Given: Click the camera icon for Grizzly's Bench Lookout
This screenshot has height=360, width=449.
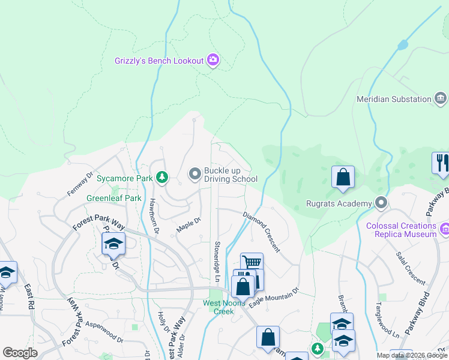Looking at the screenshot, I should click(x=212, y=60).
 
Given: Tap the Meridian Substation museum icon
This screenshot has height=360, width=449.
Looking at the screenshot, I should click(x=441, y=98).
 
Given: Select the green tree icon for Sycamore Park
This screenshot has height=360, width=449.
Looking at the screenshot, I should click(x=161, y=178).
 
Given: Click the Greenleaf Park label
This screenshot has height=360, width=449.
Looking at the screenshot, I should click(x=114, y=198).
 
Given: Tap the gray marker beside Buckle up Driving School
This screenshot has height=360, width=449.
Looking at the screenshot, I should click(x=194, y=174).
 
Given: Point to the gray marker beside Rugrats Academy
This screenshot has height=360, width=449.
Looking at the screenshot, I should click(x=381, y=203).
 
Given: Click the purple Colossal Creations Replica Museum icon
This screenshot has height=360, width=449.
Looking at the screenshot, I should click(x=444, y=229).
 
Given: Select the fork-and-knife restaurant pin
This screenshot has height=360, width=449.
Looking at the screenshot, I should click(x=441, y=163).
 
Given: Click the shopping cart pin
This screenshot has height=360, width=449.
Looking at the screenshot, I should click(x=252, y=263).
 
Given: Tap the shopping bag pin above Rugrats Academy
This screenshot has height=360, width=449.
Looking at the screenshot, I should click(x=343, y=177).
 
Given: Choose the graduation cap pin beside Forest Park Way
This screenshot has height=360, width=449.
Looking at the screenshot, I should click(x=112, y=245).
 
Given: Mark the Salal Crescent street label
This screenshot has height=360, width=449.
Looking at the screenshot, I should click(x=410, y=267).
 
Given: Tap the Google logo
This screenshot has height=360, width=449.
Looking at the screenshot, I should click(x=20, y=353).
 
